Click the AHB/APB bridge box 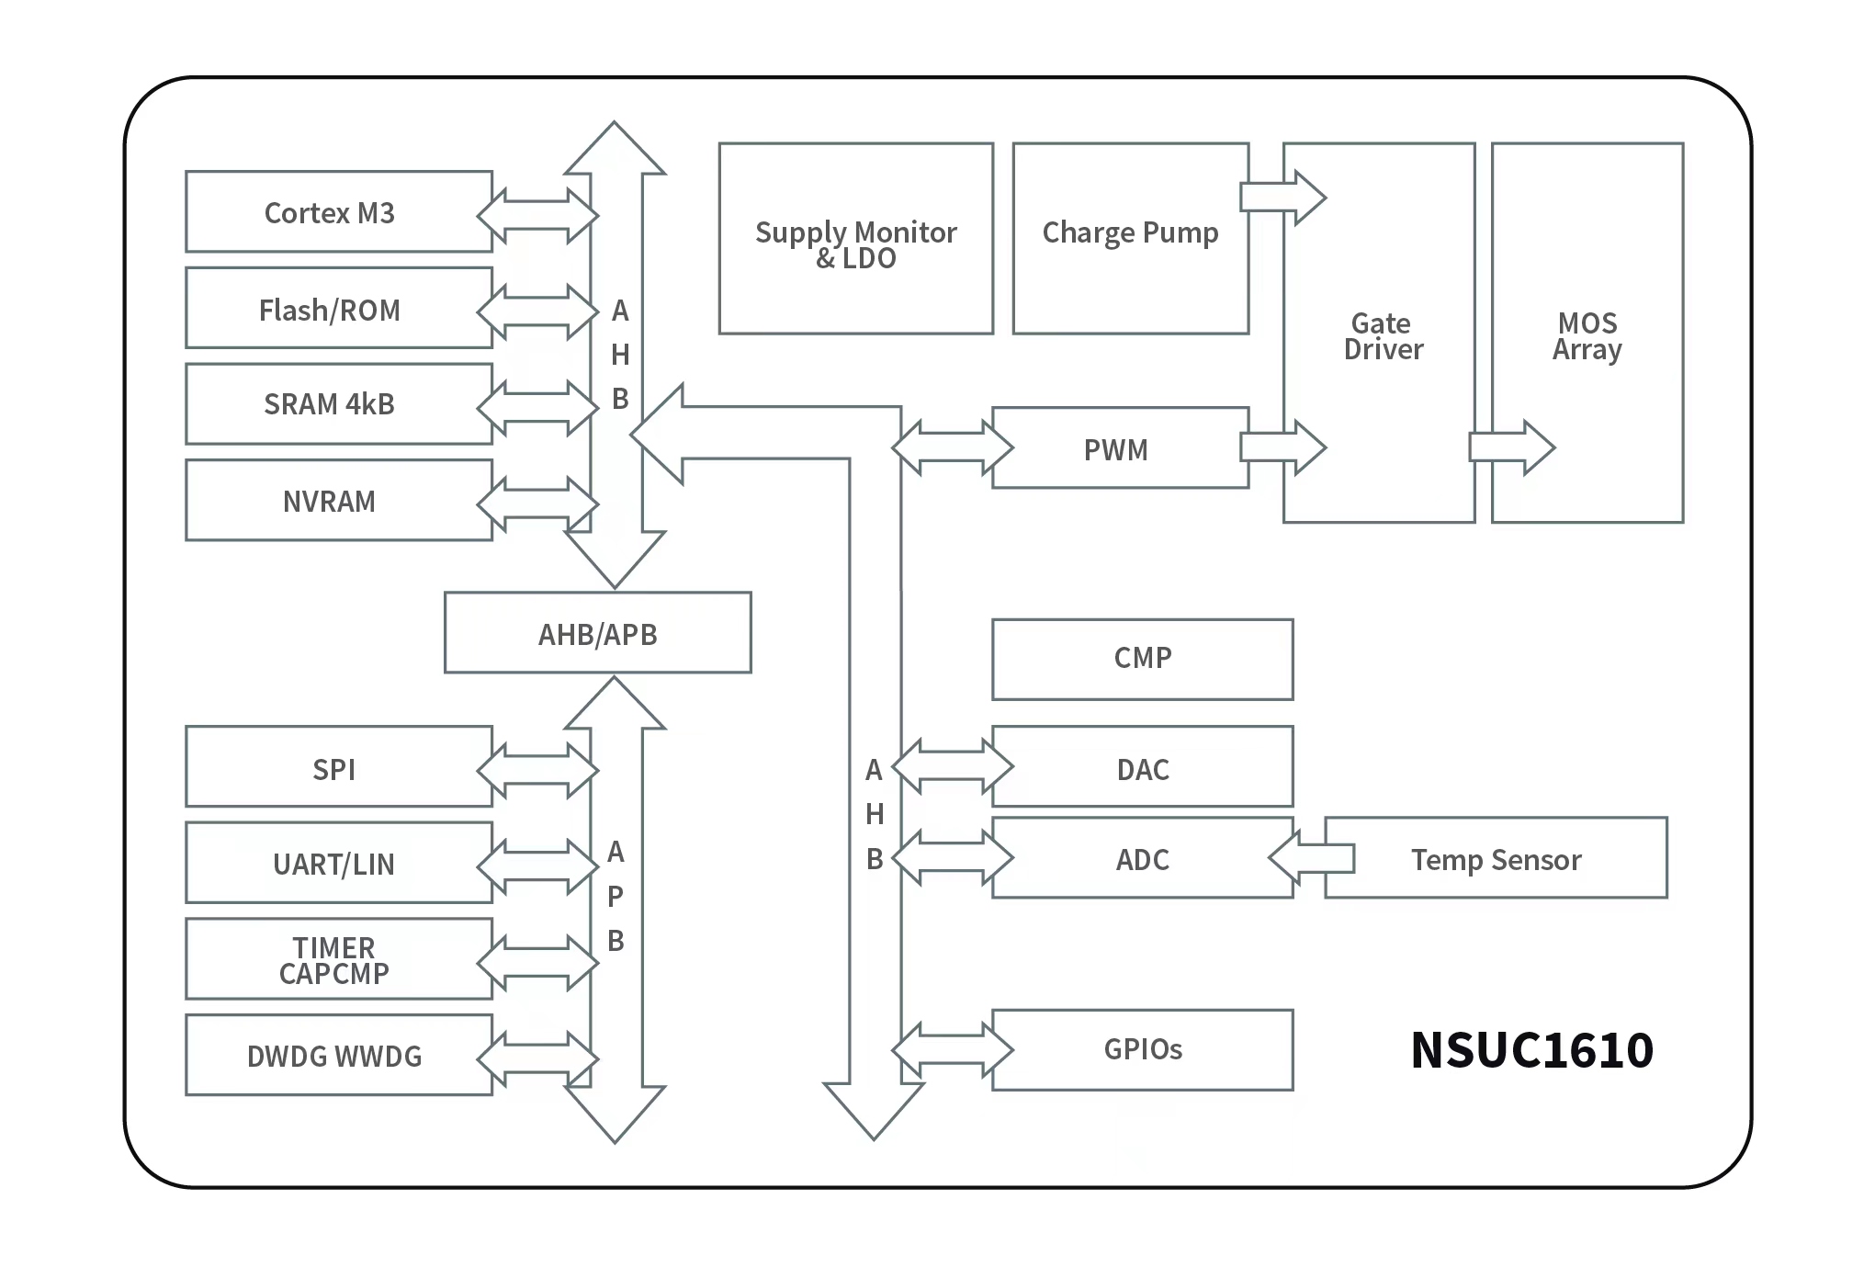coord(597,633)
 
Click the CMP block coord(1142,659)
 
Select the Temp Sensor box coord(1496,858)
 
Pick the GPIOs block coord(1142,1049)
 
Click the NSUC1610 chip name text coord(1531,1049)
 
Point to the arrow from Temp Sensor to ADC coord(1310,858)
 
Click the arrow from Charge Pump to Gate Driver coord(1282,197)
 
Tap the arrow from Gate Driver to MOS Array coord(1511,447)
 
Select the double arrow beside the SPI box coord(537,769)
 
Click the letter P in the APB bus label coord(616,896)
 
